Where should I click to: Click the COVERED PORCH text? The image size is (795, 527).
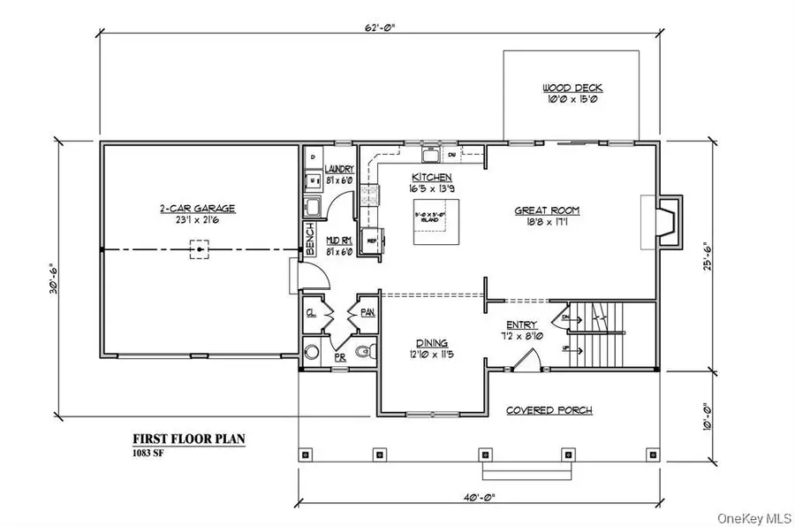coord(549,410)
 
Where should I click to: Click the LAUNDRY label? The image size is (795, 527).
coord(339,169)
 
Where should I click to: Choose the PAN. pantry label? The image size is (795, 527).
coord(367,313)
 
